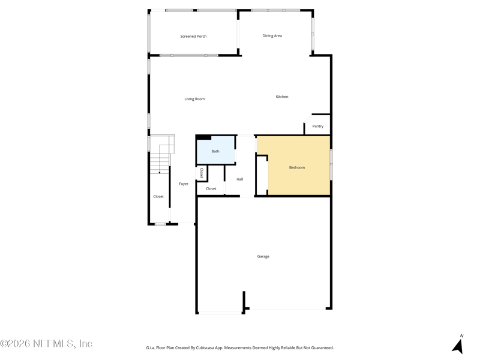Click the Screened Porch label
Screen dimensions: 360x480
(x=193, y=37)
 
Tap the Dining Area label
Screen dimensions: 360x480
(x=272, y=36)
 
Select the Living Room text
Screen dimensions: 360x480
(x=194, y=99)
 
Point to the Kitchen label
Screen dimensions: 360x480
(x=282, y=97)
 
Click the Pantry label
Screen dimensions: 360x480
(x=318, y=126)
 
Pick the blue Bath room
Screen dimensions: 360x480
(x=215, y=151)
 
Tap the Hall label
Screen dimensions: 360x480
(x=239, y=179)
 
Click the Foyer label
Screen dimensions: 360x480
(x=184, y=184)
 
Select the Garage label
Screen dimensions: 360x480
(x=263, y=256)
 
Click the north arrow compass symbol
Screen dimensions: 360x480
(x=458, y=347)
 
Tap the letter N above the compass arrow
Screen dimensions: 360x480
(x=461, y=336)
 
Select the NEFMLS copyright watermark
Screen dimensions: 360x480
(x=46, y=344)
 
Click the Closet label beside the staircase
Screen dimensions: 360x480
(x=158, y=196)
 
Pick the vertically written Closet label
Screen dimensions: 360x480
(x=202, y=173)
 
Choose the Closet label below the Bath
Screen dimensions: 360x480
(x=211, y=188)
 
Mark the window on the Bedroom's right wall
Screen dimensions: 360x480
(x=331, y=164)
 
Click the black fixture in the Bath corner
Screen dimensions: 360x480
(x=204, y=137)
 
